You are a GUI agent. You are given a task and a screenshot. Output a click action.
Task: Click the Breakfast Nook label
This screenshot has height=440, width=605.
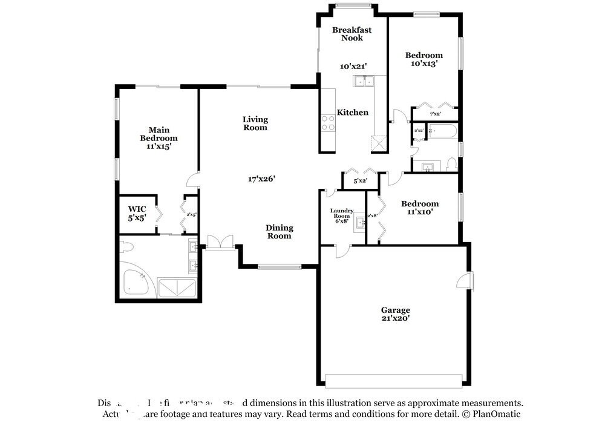pos(352,34)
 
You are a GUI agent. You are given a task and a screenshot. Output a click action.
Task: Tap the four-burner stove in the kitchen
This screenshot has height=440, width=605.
pos(328,123)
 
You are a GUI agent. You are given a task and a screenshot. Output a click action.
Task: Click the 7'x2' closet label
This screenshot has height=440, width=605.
pos(435,114)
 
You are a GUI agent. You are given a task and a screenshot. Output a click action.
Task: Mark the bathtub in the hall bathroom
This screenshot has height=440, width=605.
pos(443,131)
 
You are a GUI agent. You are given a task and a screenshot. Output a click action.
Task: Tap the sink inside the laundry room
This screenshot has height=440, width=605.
pos(360,222)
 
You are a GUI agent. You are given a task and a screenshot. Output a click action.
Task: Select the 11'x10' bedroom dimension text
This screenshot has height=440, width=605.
pos(419,212)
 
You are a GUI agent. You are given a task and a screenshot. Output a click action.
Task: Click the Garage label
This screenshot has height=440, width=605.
pos(395,310)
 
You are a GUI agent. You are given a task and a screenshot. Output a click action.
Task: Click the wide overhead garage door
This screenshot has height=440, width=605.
pos(394,381)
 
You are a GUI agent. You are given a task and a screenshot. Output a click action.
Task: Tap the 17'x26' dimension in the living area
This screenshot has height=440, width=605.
pos(261,179)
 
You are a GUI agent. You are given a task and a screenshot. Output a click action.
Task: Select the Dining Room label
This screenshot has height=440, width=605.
pos(279,232)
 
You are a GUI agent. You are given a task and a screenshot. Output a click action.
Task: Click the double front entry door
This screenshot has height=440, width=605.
pos(218,242)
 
